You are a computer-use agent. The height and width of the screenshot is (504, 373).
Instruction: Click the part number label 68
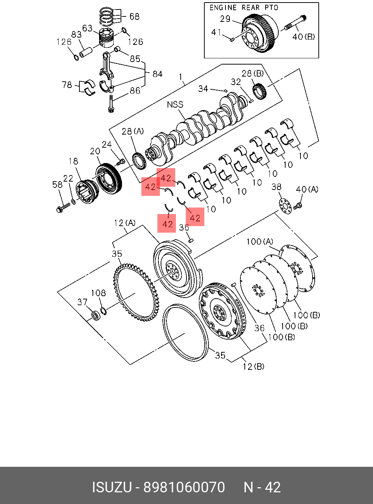point(134,16)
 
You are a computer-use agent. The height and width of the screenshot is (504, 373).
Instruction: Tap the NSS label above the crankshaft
point(175,105)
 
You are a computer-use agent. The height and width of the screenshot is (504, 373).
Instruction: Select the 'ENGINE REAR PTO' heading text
point(244,8)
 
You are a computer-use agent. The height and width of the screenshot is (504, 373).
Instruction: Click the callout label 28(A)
point(133,131)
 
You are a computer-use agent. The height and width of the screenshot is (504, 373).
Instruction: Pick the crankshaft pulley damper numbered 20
point(109,179)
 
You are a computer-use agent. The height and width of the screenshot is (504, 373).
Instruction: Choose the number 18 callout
point(73,161)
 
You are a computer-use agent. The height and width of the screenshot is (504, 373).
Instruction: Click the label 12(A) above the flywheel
point(125,223)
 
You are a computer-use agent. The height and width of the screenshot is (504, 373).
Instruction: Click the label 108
point(98,293)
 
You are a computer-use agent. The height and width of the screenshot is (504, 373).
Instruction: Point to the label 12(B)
point(254,366)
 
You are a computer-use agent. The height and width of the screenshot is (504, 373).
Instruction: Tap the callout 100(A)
point(259,241)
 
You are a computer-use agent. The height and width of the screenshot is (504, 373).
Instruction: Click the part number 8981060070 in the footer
point(184,487)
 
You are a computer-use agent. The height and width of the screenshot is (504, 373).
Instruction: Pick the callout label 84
point(157,74)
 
